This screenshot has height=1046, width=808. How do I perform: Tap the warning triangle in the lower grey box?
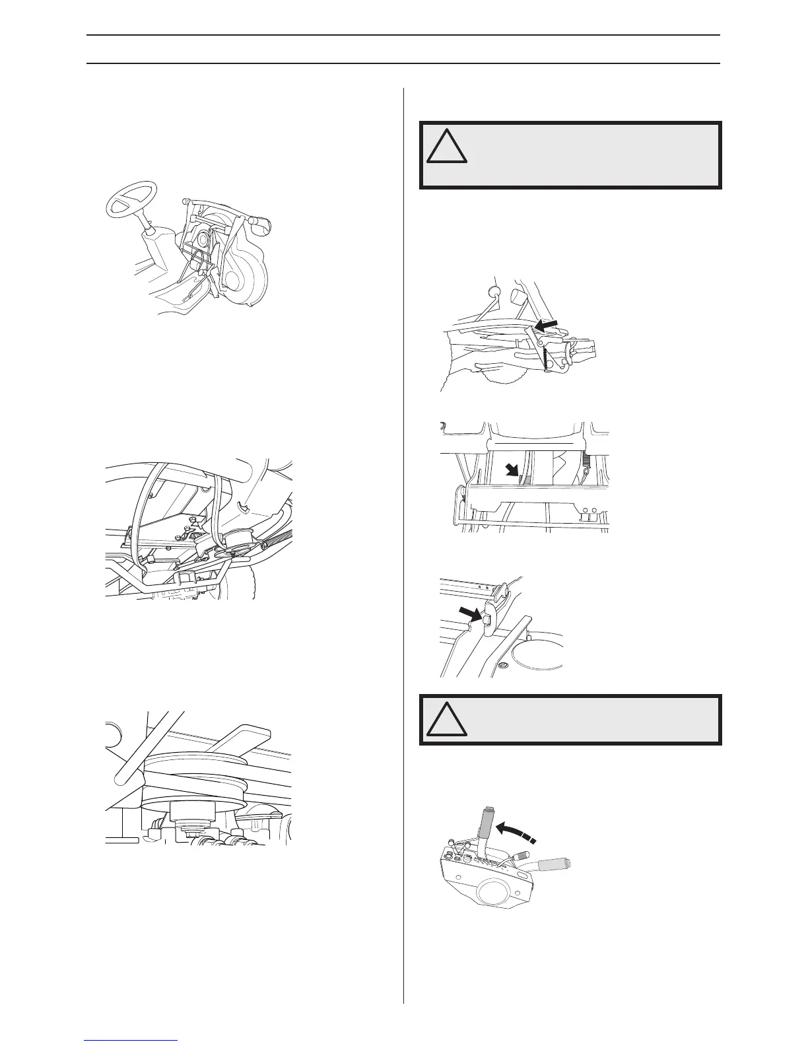(446, 719)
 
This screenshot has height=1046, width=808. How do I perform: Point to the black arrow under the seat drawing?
(511, 470)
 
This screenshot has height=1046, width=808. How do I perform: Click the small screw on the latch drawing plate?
(504, 664)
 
